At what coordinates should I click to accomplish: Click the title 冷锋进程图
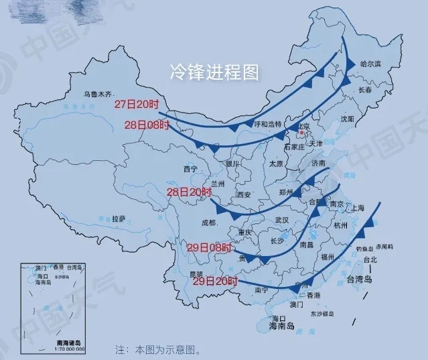pos(215,72)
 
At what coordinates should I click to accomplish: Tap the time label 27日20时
pos(137,104)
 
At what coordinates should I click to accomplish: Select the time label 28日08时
pos(148,125)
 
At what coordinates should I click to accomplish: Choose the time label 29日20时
pos(216,281)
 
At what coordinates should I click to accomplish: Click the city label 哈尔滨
pos(370,64)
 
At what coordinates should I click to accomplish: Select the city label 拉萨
pos(119,219)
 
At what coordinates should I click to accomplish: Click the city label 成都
pos(208,223)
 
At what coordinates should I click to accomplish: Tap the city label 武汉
pos(281,220)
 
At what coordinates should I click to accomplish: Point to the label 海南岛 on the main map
pos(281,326)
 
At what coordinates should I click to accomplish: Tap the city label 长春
pos(365,89)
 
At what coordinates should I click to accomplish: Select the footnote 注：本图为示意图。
pos(157,349)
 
